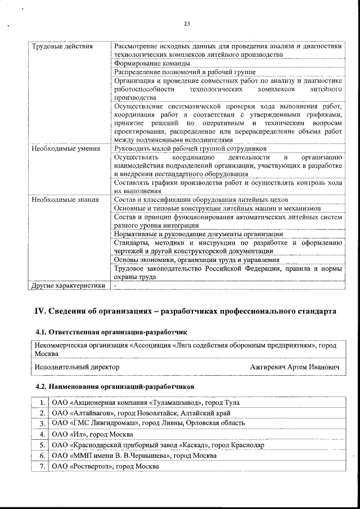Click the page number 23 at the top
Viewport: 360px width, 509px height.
(x=187, y=23)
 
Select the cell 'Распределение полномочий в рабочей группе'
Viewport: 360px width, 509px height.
(x=184, y=73)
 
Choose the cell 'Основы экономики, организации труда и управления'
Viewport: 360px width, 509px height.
(x=196, y=260)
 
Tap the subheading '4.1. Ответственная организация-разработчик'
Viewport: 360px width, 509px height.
(x=110, y=332)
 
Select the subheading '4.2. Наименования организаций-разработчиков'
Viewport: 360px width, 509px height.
(x=115, y=387)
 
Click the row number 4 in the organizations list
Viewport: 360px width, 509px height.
(x=42, y=434)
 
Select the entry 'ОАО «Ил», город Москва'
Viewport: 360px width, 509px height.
(x=92, y=434)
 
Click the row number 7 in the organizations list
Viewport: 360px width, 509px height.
(x=42, y=466)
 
